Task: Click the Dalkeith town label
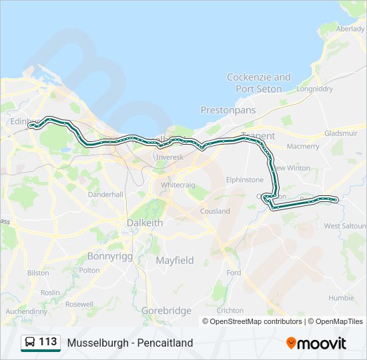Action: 145,223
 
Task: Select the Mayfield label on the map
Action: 175,260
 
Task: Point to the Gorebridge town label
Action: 166,311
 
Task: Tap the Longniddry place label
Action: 314,88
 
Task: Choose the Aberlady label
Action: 350,29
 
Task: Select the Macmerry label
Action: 303,146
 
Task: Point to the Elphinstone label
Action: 245,179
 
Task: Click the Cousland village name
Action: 215,211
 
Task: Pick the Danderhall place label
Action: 106,194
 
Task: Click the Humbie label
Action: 341,298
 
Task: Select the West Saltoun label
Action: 344,226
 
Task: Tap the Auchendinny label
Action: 26,311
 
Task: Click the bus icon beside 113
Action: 30,343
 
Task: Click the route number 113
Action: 48,342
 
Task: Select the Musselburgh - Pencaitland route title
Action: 130,343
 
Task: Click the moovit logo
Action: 316,343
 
